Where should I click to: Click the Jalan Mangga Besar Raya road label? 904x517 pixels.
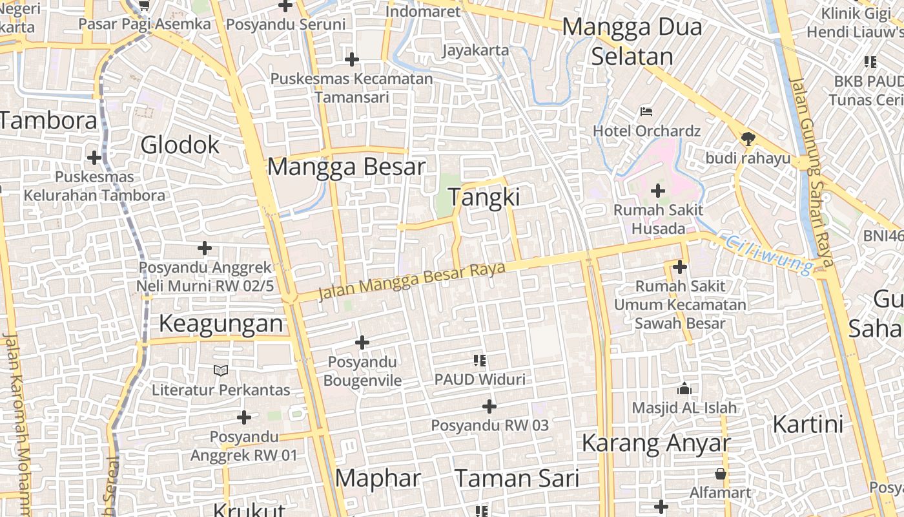coord(412,280)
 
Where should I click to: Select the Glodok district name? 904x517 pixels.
coord(180,145)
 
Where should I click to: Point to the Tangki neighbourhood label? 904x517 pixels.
coord(484,197)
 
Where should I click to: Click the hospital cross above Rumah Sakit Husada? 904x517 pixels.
coord(658,191)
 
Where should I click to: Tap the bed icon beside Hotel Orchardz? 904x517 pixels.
coord(646,111)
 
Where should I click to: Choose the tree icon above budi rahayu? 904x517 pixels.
coord(748,138)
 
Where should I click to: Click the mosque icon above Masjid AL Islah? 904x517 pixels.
coord(684,388)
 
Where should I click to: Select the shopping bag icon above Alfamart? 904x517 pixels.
coord(721,474)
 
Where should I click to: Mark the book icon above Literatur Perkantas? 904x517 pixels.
coord(221,370)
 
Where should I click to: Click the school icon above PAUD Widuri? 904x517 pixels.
coord(480,360)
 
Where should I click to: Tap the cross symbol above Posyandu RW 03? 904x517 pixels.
coord(489,406)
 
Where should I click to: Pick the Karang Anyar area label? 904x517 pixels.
coord(655,443)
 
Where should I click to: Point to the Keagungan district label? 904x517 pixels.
coord(221,323)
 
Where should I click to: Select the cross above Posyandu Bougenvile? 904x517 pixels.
coord(362,343)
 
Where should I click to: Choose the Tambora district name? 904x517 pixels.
coord(48,120)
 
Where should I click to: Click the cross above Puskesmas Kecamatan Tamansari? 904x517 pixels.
coord(352,60)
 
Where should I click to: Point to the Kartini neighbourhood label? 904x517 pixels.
coord(808,425)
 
